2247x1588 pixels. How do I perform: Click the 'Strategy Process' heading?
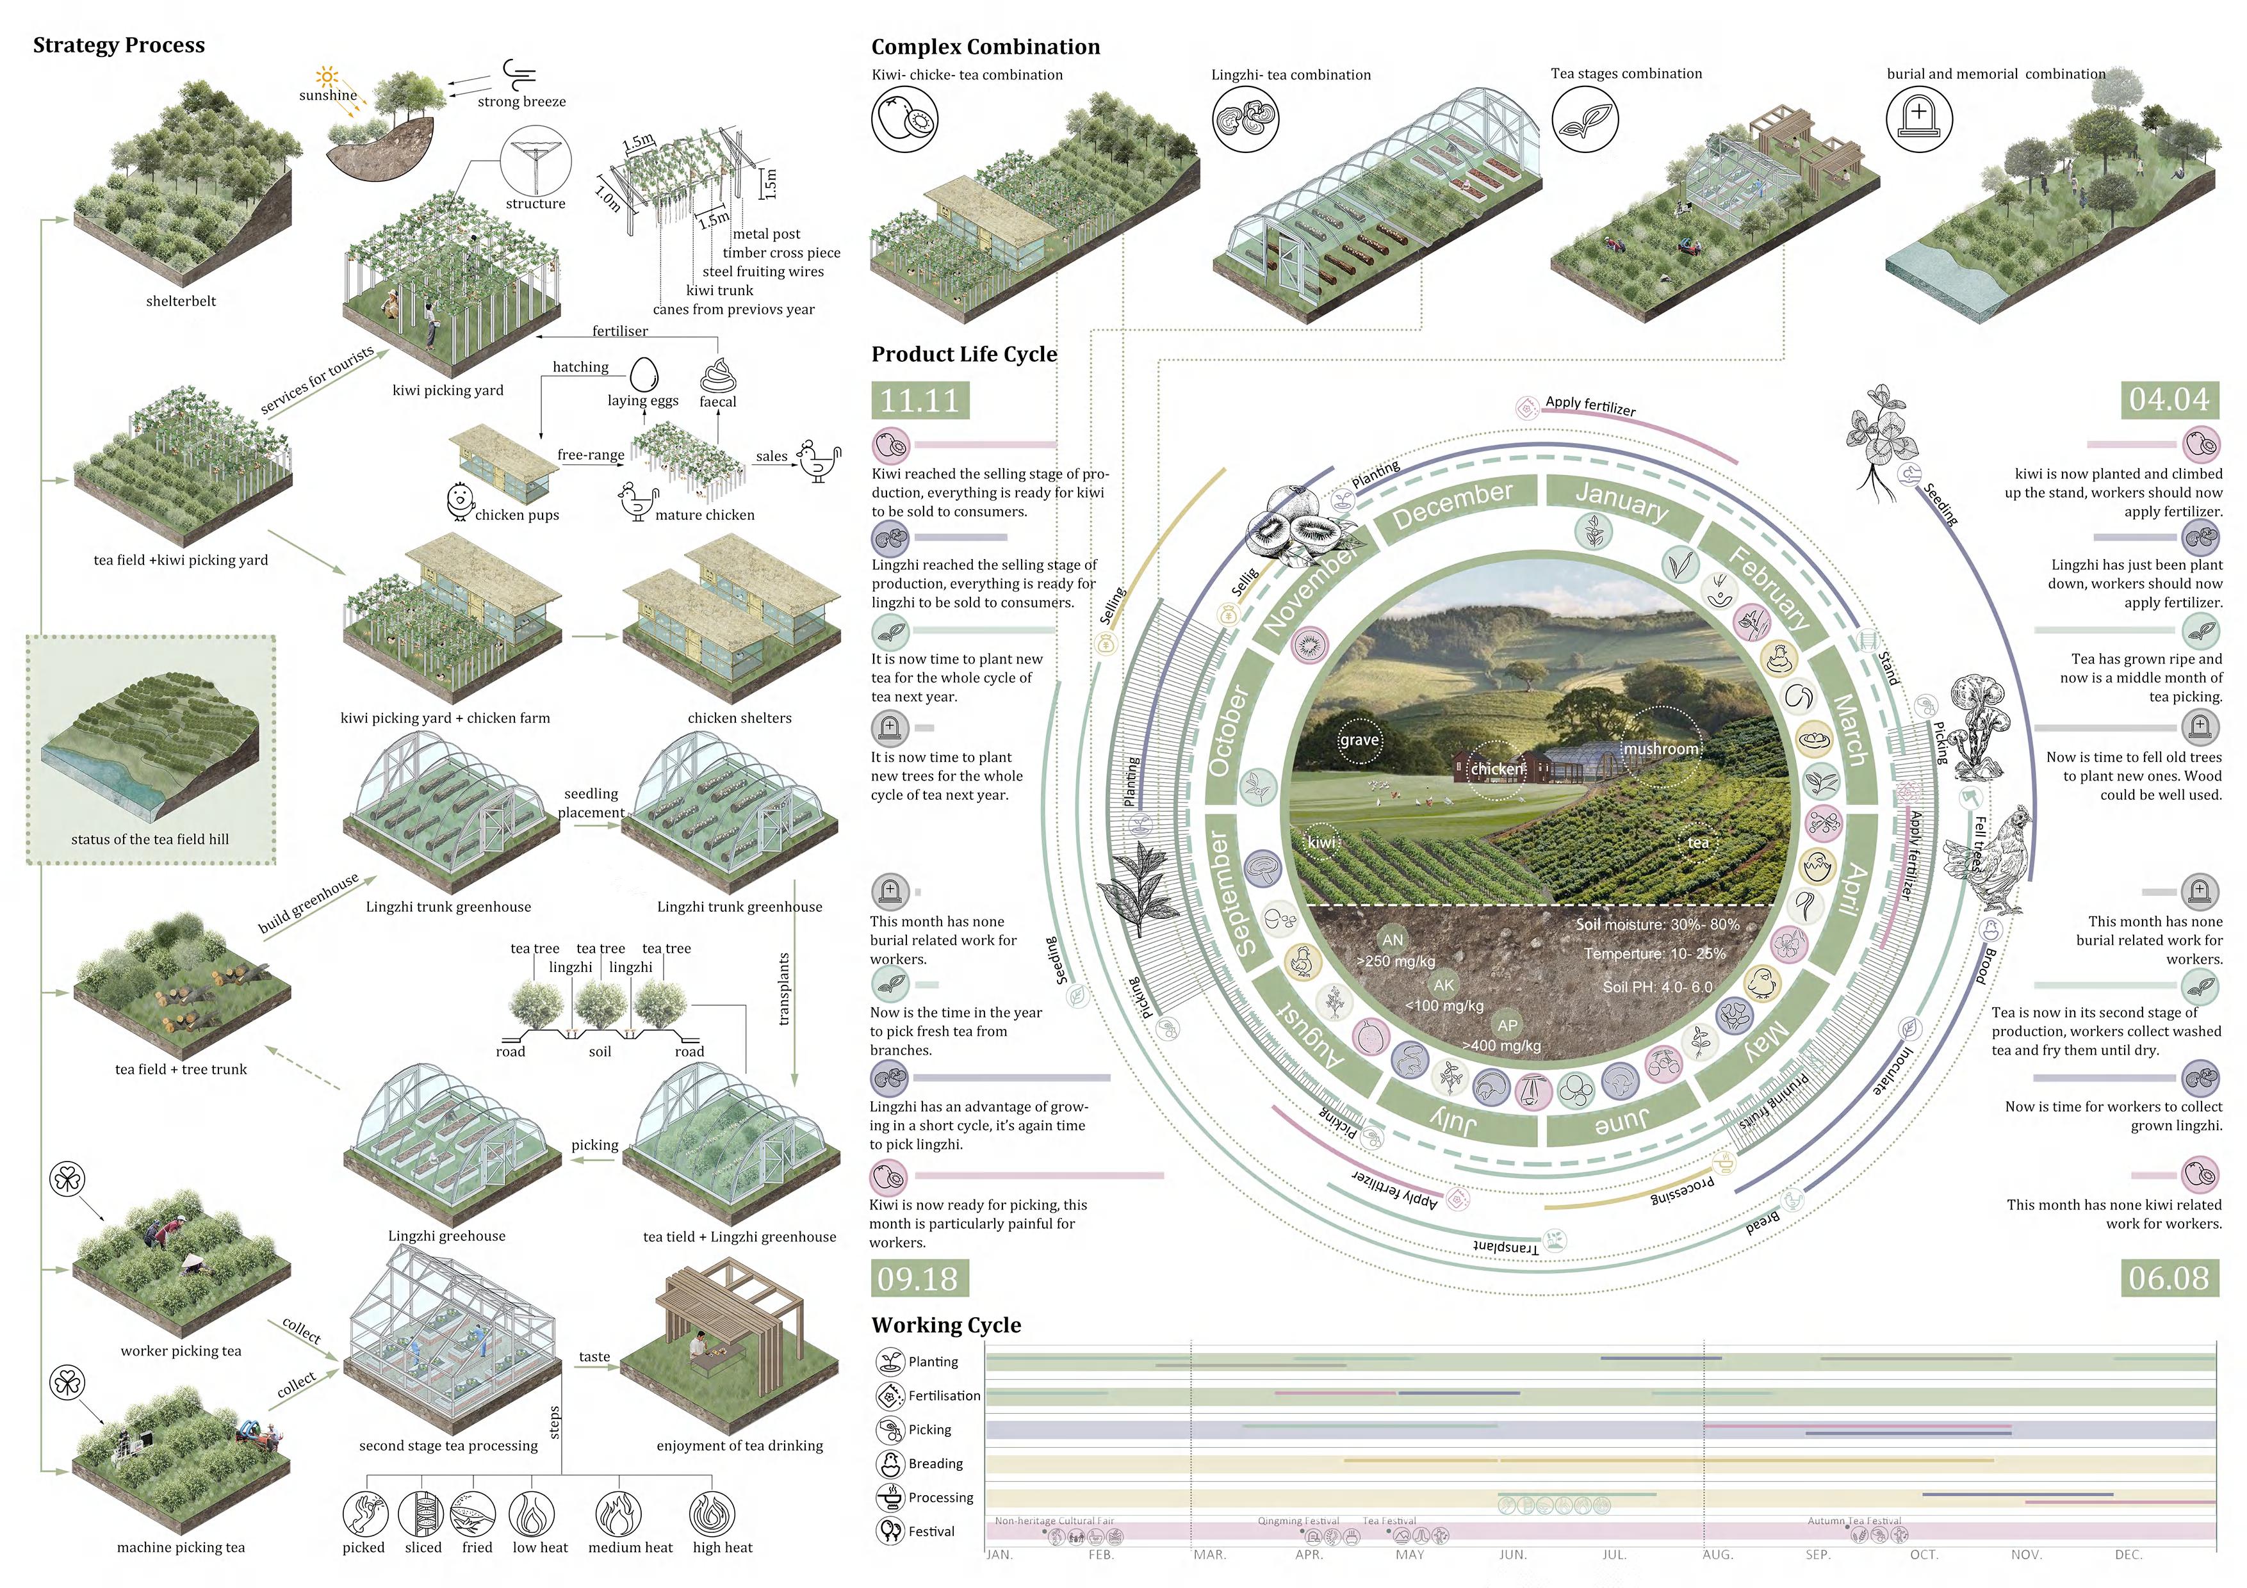click(x=118, y=45)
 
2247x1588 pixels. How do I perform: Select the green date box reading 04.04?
click(x=2169, y=399)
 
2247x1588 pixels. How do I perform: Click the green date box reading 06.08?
click(x=2169, y=1278)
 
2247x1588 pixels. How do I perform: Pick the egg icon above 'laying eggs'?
click(x=643, y=374)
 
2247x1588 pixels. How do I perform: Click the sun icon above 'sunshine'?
click(x=327, y=76)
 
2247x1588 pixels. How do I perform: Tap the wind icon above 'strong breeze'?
click(x=519, y=74)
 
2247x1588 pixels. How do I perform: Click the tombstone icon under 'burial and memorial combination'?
click(x=1918, y=119)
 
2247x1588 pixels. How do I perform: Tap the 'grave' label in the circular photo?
click(x=1359, y=740)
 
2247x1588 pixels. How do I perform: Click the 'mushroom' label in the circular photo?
click(x=1661, y=749)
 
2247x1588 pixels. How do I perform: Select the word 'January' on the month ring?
click(x=1622, y=500)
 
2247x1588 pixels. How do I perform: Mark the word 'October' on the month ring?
click(x=1228, y=730)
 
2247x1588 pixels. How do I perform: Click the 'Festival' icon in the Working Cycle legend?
click(x=890, y=1531)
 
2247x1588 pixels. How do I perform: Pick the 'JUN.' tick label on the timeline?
click(x=1513, y=1555)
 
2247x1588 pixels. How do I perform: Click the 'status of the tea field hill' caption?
click(x=150, y=839)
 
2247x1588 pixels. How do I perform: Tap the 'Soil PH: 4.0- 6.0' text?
click(x=1657, y=987)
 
